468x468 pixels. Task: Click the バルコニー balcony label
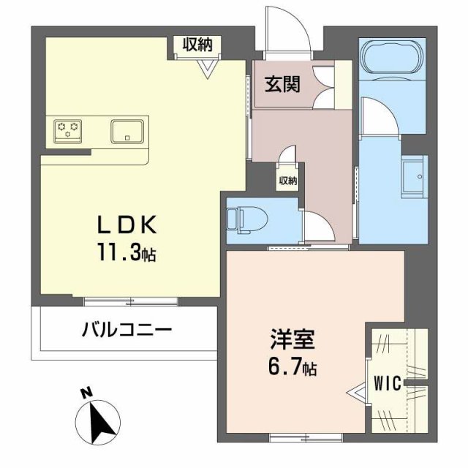coord(127,330)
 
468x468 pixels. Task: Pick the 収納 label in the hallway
coord(287,181)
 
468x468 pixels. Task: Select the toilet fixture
coord(241,219)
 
